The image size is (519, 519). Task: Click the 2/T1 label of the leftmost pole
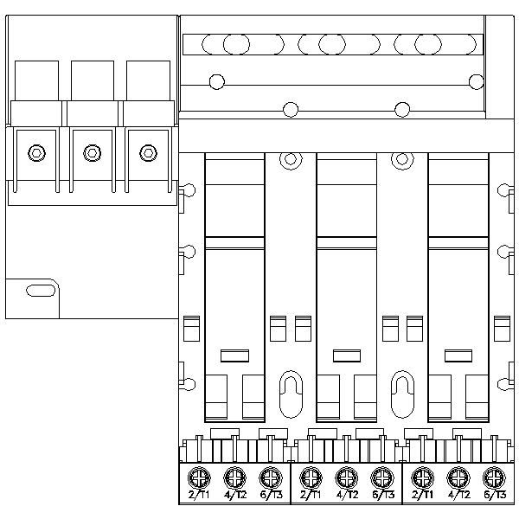tap(199, 496)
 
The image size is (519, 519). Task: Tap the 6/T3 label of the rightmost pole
tap(493, 496)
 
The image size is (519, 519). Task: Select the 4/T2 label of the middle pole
tap(346, 496)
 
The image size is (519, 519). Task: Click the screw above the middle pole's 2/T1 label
tap(310, 476)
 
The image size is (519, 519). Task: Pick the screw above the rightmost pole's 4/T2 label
tap(457, 476)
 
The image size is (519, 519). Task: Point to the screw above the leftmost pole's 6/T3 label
tap(270, 476)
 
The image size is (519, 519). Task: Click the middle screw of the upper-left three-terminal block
tap(91, 153)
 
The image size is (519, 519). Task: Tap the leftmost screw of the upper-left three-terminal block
tap(35, 153)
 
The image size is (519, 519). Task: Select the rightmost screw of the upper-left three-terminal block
tap(147, 153)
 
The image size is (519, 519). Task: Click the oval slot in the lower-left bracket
tap(39, 290)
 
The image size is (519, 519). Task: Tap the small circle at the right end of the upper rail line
tap(476, 81)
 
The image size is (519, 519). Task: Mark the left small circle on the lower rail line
tap(291, 109)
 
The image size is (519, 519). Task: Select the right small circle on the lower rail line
tap(401, 109)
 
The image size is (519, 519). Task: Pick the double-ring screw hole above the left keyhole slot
tap(291, 159)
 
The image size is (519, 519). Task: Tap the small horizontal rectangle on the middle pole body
tap(346, 354)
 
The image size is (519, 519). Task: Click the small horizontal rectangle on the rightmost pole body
tap(456, 354)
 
